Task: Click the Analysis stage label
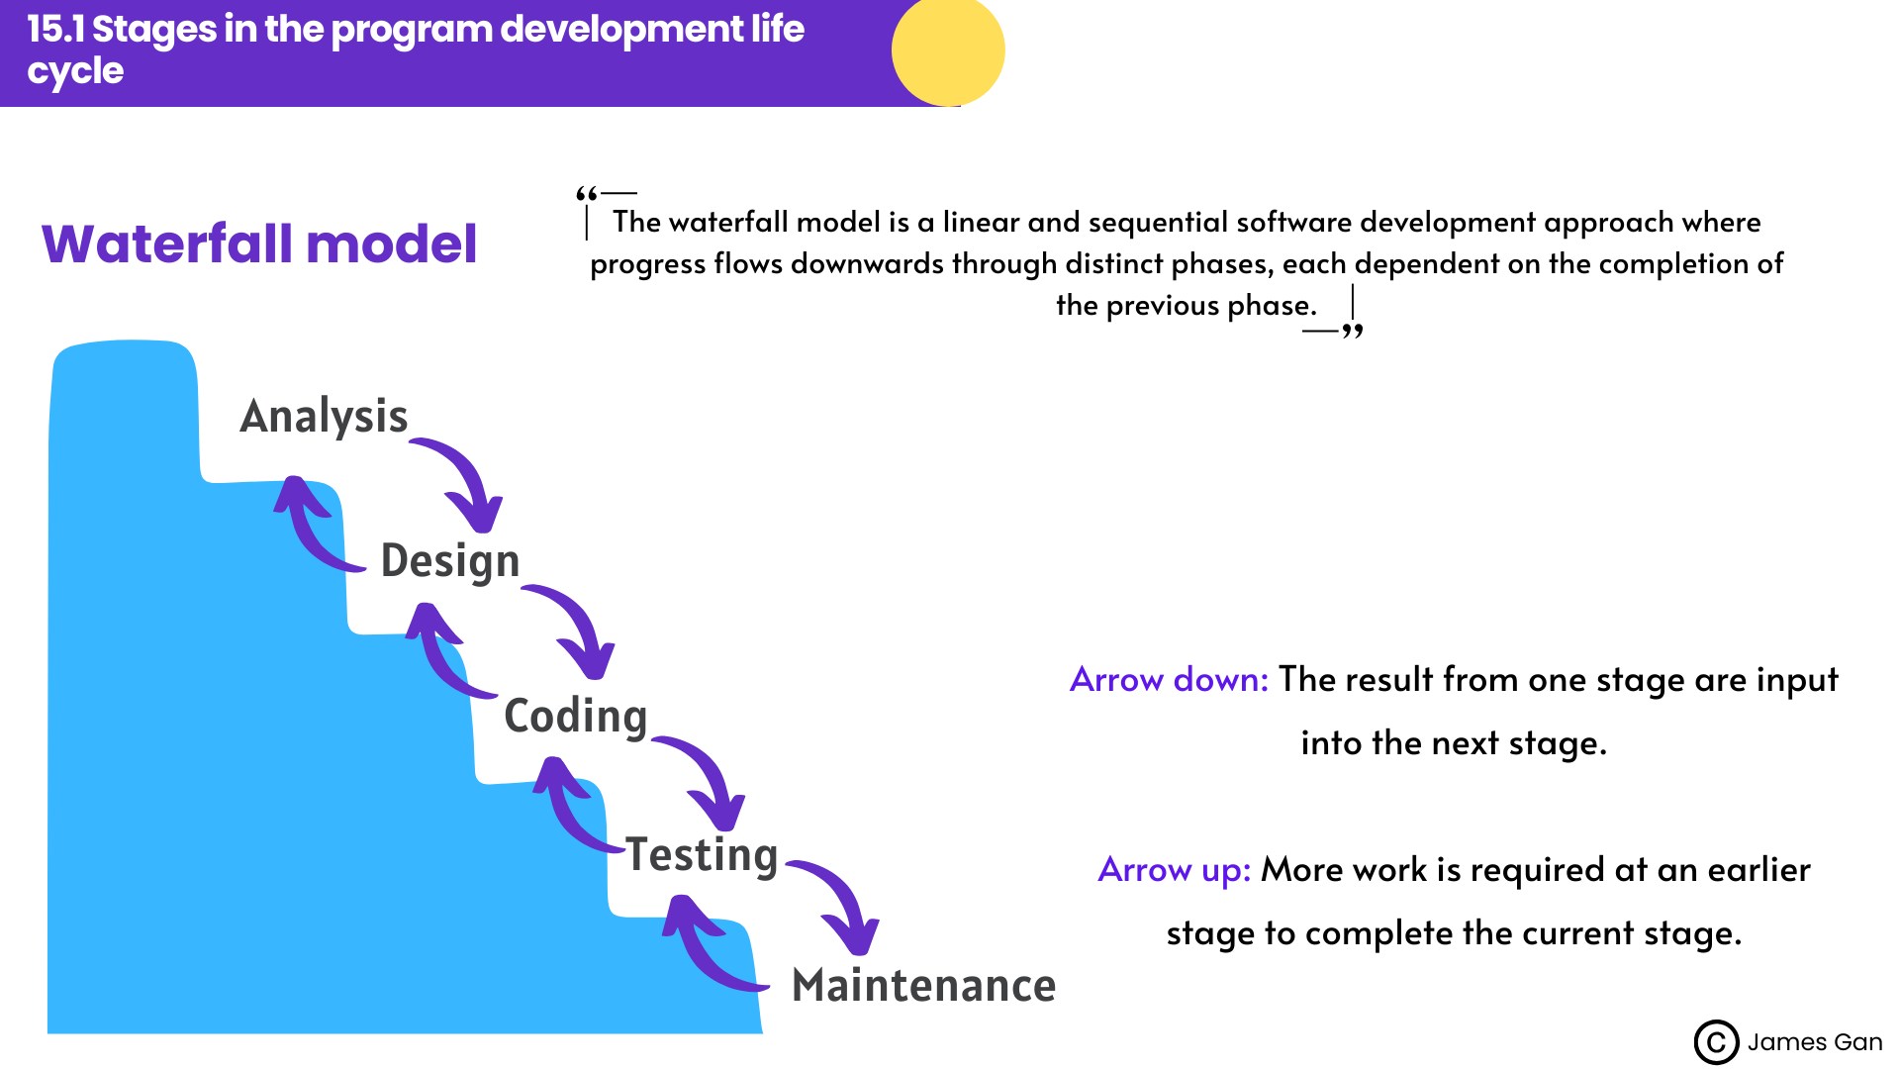(x=324, y=417)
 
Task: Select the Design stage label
(x=450, y=561)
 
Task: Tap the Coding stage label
(x=575, y=717)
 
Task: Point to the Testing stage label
(x=702, y=855)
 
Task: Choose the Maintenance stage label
(x=923, y=986)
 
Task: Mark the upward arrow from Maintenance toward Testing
(x=706, y=945)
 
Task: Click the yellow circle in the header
(x=947, y=50)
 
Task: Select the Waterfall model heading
(x=259, y=244)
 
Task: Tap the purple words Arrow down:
(x=1169, y=680)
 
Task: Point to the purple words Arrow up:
(x=1174, y=870)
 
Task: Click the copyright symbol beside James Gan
(x=1716, y=1042)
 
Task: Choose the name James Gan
(x=1814, y=1042)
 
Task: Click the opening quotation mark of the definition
(x=586, y=193)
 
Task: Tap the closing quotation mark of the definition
(x=1353, y=332)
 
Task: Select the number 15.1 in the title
(x=56, y=30)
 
